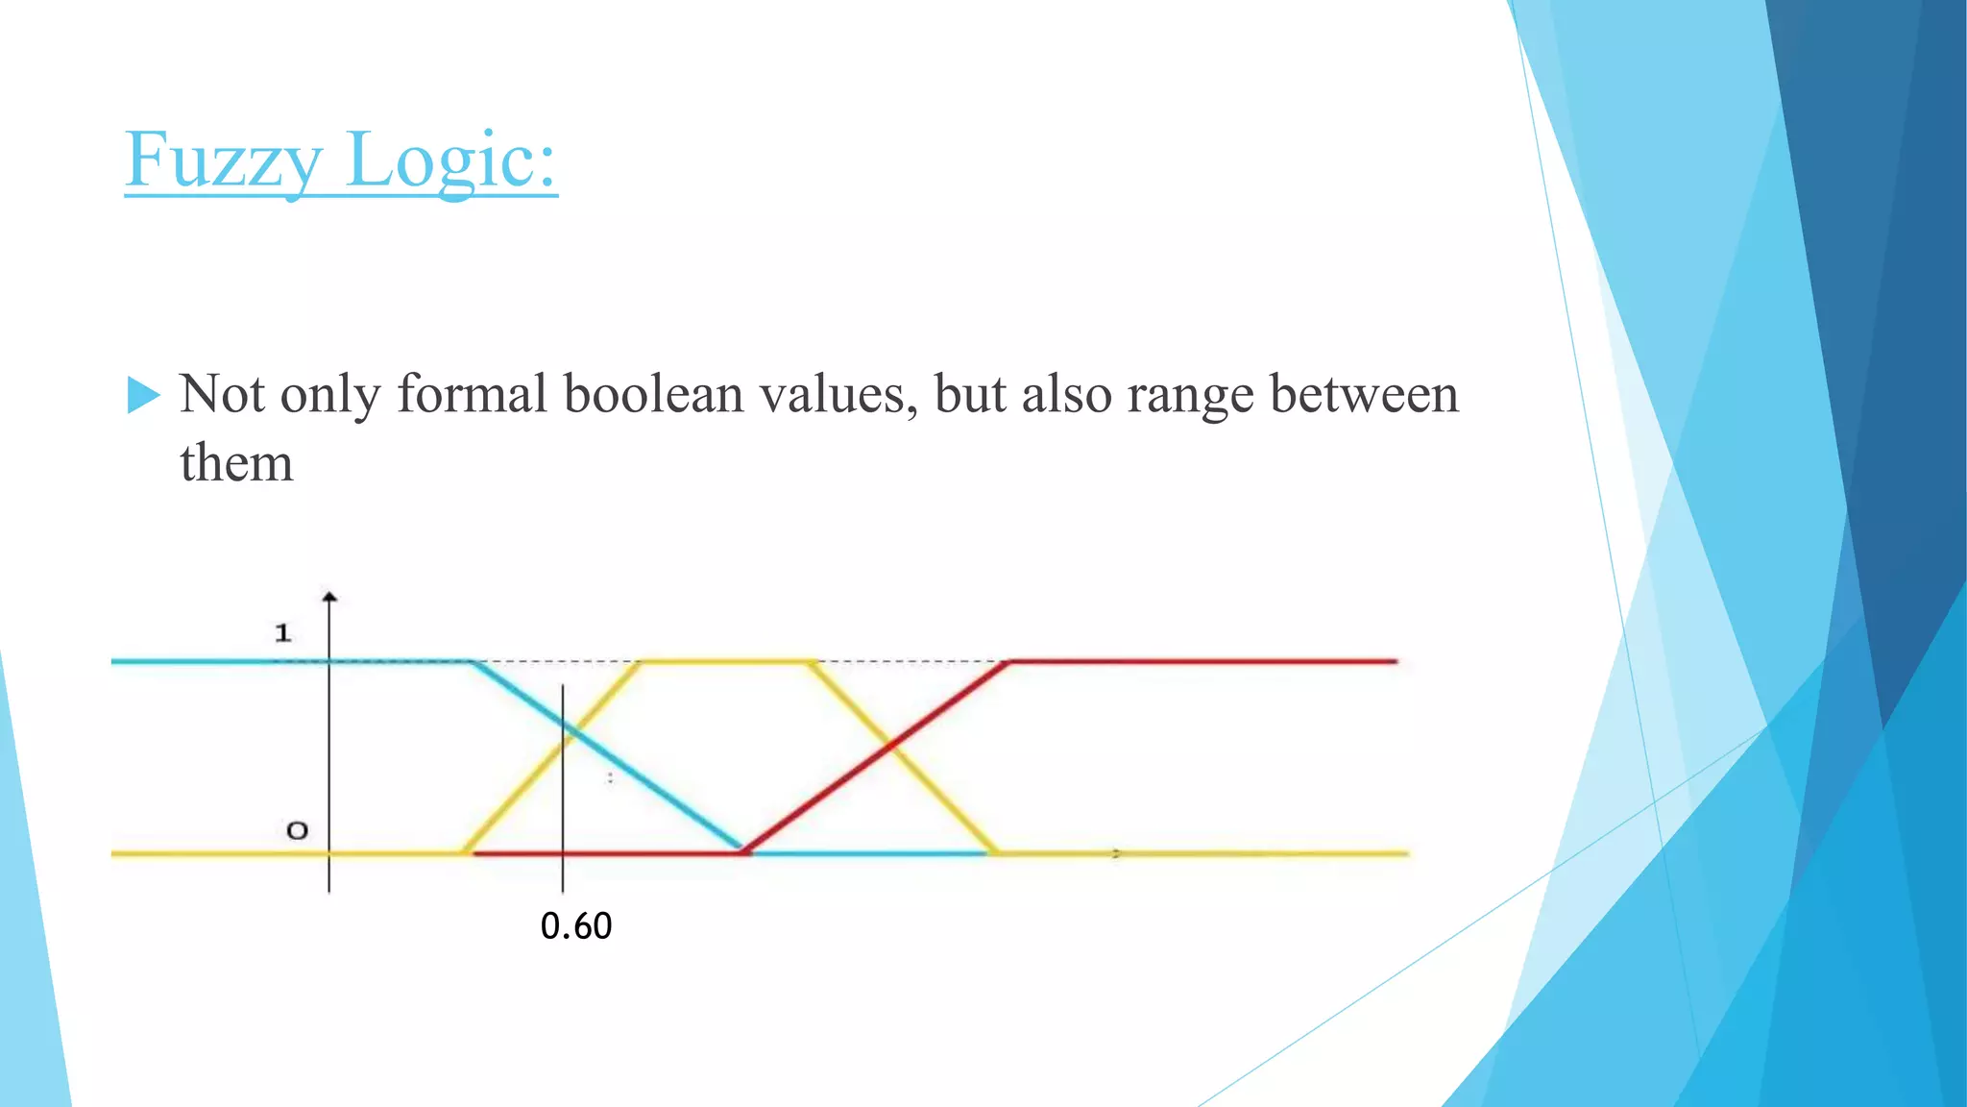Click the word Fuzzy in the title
(223, 160)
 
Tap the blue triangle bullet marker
(143, 395)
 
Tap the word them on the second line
(236, 463)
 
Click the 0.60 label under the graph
(576, 926)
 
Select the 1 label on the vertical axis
(282, 633)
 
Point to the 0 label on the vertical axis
(298, 830)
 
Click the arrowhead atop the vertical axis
(329, 598)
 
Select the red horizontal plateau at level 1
(1201, 661)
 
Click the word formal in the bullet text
(472, 394)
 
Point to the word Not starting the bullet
(222, 394)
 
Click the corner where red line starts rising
(745, 851)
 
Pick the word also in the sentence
(1066, 394)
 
